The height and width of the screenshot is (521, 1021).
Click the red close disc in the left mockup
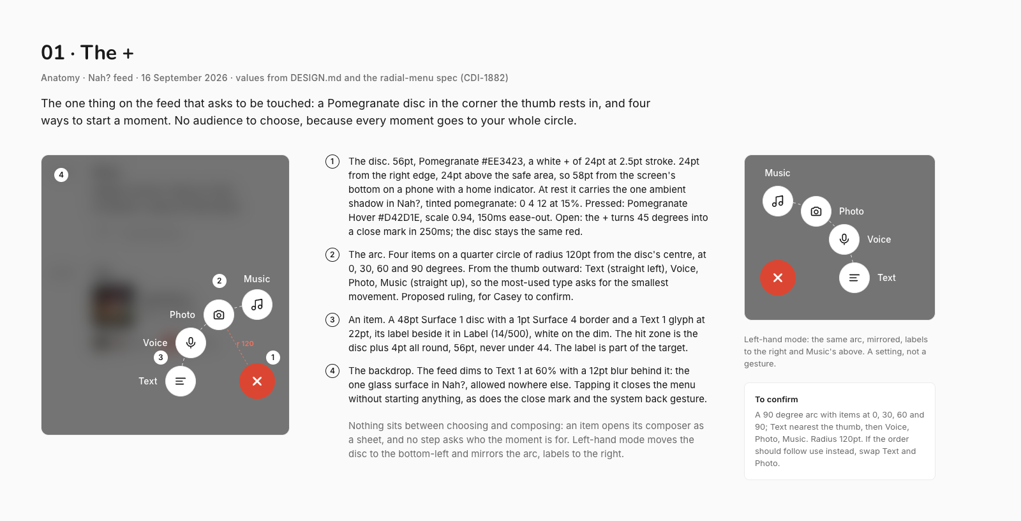click(x=257, y=381)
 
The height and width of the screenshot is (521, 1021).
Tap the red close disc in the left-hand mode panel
click(x=778, y=277)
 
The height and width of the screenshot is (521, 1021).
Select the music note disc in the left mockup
click(x=257, y=305)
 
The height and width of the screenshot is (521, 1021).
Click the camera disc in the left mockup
click(x=219, y=315)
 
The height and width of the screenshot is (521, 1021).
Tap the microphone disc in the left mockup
click(x=191, y=343)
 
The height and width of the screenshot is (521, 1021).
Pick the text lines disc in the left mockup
click(x=181, y=381)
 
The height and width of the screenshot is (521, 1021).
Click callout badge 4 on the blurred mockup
click(x=61, y=175)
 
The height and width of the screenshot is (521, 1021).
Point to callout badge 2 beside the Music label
click(x=220, y=280)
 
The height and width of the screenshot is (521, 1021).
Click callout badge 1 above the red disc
click(x=273, y=357)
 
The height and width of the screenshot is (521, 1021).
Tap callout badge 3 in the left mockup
click(x=160, y=357)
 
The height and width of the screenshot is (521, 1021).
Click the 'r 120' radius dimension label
click(x=245, y=344)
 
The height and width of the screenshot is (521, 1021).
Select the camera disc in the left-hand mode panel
click(x=816, y=211)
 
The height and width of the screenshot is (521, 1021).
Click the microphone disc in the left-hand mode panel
click(x=844, y=239)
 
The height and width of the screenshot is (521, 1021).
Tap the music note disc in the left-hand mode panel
click(x=778, y=200)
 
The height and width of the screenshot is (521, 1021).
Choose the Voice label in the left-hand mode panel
click(x=879, y=239)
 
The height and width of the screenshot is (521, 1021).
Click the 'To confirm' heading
click(x=776, y=399)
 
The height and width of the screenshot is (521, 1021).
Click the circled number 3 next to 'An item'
click(x=332, y=320)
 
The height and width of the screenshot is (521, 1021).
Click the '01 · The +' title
click(x=87, y=52)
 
